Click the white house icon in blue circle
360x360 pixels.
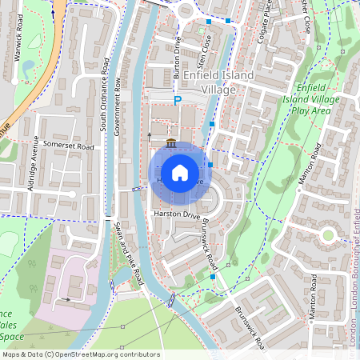180,172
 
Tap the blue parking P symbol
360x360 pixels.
178,100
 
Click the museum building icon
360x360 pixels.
172,143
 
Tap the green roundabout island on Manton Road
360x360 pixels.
327,235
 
